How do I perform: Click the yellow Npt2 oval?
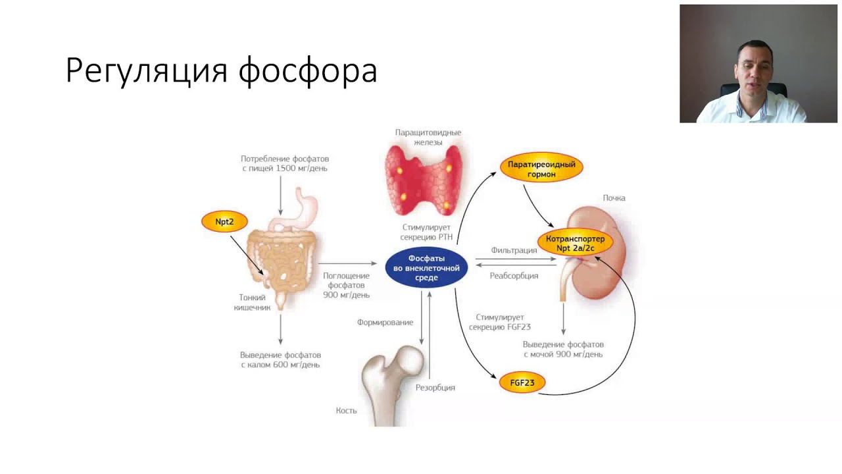coord(224,222)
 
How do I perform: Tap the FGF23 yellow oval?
coord(522,382)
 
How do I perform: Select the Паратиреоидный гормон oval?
coord(541,167)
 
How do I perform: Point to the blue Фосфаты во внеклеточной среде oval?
coord(426,267)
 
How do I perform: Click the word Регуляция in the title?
coord(147,70)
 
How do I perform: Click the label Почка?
coord(614,198)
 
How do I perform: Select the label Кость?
coord(346,410)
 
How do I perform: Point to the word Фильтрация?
coord(514,250)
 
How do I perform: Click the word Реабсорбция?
coord(514,276)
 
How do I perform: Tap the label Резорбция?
coord(435,388)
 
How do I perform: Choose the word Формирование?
coord(385,323)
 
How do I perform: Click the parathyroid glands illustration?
coord(424,180)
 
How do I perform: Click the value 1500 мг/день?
coord(301,168)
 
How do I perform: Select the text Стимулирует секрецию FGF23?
coord(499,323)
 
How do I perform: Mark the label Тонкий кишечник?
coord(252,302)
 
